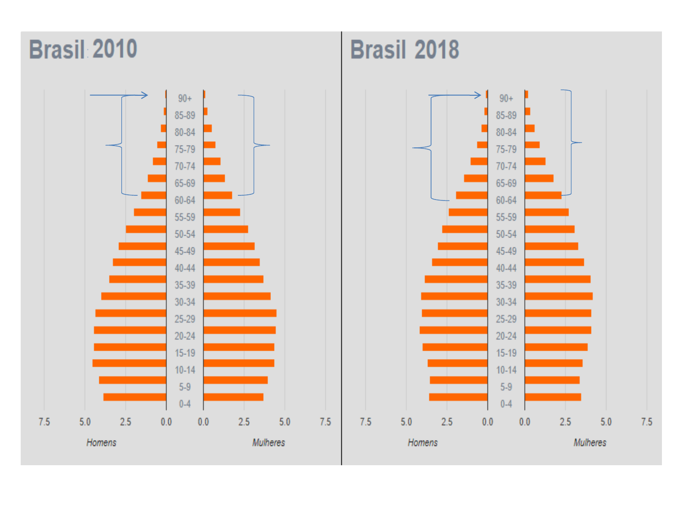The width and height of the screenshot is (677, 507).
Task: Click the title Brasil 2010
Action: coord(83,49)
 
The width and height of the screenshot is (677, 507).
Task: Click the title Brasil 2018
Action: coord(404,50)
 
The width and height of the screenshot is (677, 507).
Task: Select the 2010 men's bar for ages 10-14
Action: coord(129,363)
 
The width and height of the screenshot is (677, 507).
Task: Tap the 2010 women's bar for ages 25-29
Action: coord(240,313)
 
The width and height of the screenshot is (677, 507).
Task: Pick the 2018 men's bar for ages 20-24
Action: coord(453,330)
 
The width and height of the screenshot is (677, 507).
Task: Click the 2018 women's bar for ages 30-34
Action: coord(559,296)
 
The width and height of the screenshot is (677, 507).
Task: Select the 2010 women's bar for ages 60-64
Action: coord(218,195)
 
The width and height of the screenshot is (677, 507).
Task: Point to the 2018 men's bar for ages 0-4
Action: coord(458,397)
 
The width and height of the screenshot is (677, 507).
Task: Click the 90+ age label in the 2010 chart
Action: coord(185,99)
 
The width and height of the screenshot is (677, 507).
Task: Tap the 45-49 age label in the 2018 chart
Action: coord(506,251)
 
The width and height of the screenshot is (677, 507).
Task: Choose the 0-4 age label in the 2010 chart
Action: coord(185,404)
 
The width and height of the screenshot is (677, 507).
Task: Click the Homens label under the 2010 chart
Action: coord(101,443)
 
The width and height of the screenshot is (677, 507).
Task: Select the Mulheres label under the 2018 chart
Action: coord(590,443)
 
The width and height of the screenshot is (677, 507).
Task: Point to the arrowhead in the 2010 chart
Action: coord(145,95)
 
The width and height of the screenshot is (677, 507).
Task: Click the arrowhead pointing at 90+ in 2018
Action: coord(478,95)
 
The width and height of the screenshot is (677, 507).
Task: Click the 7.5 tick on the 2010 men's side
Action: coord(44,422)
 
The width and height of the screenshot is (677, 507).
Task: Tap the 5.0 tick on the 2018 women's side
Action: coord(606,422)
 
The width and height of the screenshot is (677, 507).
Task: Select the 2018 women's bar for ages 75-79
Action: coord(532,145)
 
